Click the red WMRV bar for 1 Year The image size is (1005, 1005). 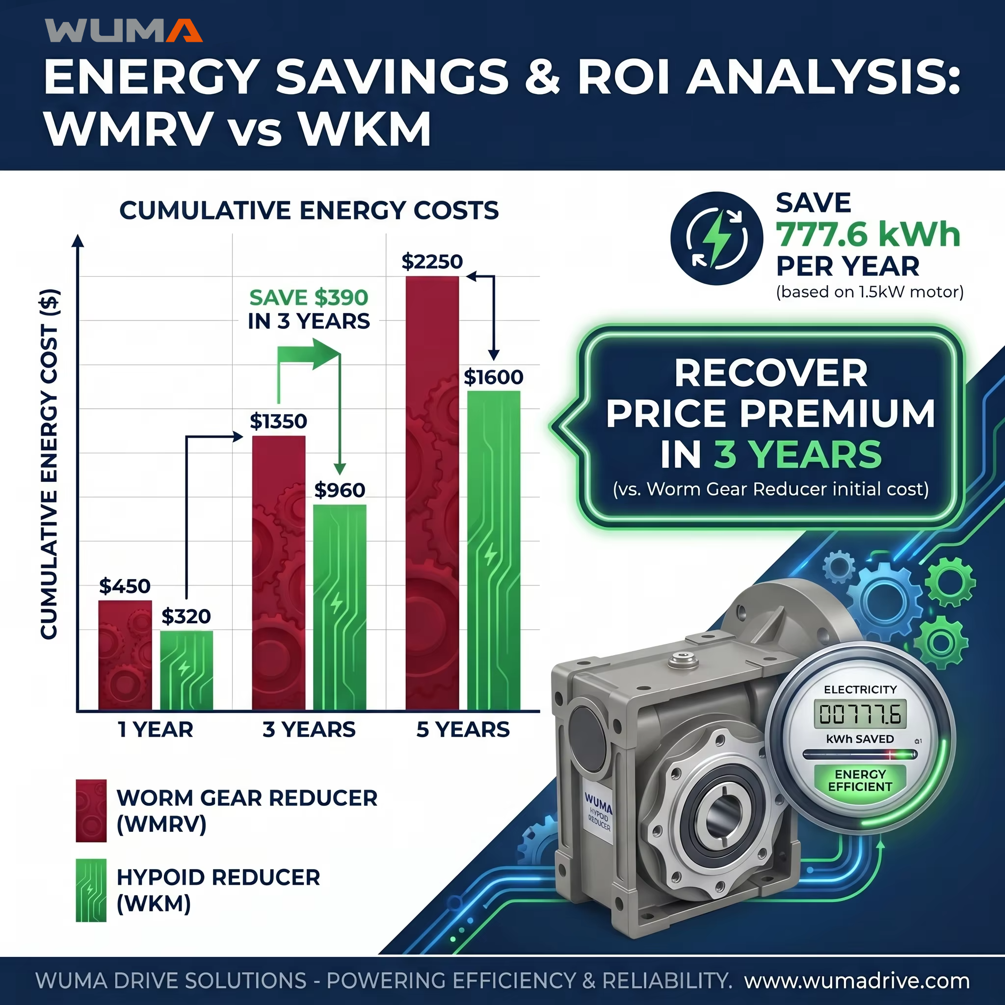click(125, 656)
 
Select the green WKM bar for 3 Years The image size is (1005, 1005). click(340, 608)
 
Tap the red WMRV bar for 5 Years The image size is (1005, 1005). click(432, 493)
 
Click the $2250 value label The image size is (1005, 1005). click(432, 262)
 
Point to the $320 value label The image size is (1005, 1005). click(186, 616)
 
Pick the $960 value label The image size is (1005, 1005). click(340, 490)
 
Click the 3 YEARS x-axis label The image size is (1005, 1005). click(309, 729)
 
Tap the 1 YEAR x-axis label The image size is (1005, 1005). click(156, 729)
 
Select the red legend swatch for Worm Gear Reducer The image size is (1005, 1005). click(91, 811)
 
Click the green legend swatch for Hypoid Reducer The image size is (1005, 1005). click(91, 891)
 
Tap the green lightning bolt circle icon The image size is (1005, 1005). click(717, 238)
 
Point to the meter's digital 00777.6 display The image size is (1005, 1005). click(860, 714)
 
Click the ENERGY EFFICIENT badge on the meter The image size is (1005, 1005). click(860, 781)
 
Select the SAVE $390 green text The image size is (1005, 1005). click(309, 297)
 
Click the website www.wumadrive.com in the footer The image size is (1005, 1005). click(857, 981)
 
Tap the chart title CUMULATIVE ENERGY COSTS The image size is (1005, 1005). click(309, 211)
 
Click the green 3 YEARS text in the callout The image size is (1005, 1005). click(798, 454)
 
